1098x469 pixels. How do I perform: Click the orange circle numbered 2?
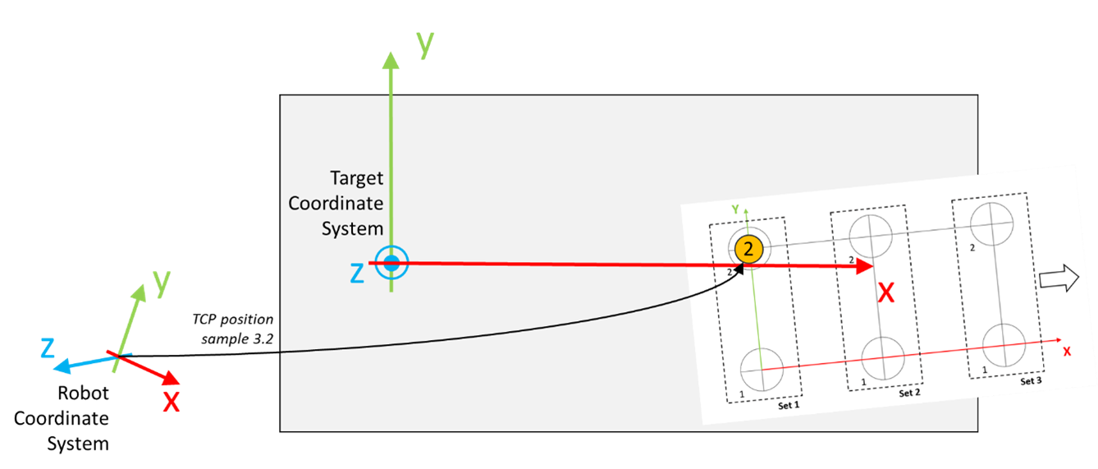(x=748, y=250)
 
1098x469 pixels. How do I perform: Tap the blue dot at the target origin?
(x=391, y=263)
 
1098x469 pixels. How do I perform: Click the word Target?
(x=357, y=177)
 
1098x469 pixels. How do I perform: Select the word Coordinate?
(x=336, y=203)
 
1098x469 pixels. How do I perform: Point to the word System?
(x=352, y=228)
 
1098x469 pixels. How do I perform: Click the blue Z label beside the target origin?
(x=357, y=274)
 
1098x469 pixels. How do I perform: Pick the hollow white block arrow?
(x=1058, y=279)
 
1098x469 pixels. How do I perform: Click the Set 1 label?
(x=788, y=406)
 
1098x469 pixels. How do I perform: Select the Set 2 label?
(x=909, y=393)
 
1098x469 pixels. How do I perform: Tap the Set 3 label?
(x=1031, y=381)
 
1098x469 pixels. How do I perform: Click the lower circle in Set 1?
(x=762, y=370)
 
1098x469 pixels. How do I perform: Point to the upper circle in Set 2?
(x=871, y=236)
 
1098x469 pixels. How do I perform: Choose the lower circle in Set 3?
(x=1004, y=346)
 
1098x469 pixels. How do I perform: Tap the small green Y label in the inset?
(x=736, y=209)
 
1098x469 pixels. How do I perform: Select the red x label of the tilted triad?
(x=171, y=402)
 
